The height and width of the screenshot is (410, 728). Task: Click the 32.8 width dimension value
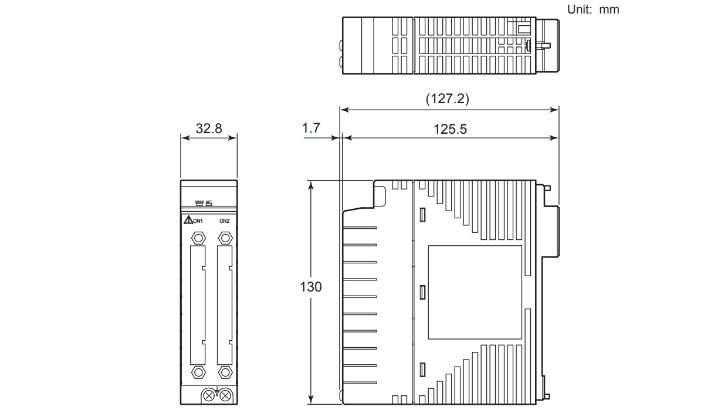[x=209, y=128]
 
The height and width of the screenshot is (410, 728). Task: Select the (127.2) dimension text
[x=447, y=99]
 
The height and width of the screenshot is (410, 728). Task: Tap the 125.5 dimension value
[x=450, y=129]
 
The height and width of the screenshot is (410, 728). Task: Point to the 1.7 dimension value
[x=311, y=128]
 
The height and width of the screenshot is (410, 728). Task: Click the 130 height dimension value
[x=311, y=287]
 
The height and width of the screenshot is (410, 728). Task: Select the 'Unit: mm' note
[x=593, y=9]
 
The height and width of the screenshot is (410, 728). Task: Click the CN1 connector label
[x=198, y=221]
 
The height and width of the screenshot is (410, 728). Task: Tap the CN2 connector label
[x=225, y=221]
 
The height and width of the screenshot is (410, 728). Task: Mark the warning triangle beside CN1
[x=188, y=221]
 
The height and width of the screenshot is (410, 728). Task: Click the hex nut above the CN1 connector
[x=198, y=238]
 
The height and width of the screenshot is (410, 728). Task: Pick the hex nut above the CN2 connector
[x=224, y=238]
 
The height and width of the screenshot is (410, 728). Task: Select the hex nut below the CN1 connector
[x=198, y=372]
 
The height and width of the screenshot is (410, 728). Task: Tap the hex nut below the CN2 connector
[x=224, y=372]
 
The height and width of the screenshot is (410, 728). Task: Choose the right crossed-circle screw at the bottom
[x=226, y=396]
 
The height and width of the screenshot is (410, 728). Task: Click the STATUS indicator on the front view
[x=199, y=204]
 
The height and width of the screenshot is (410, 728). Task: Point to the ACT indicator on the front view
[x=209, y=204]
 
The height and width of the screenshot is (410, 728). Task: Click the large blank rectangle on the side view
[x=475, y=292]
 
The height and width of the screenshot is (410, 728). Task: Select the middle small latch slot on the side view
[x=422, y=292]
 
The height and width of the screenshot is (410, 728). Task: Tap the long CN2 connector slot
[x=224, y=305]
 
